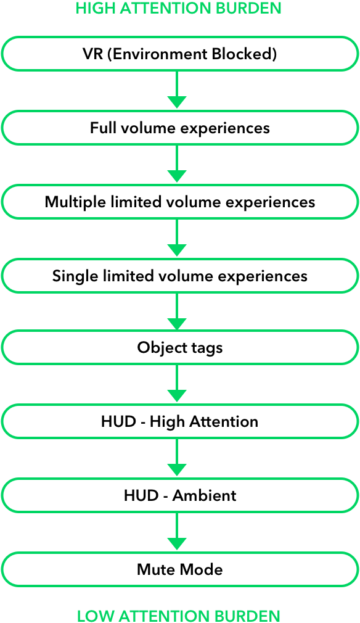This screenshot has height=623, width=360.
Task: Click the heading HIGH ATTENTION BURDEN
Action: point(178,8)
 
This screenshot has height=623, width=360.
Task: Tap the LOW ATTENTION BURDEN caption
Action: point(178,616)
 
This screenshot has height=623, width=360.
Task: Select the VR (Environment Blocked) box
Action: point(180,54)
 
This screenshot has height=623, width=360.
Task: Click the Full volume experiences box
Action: point(180,128)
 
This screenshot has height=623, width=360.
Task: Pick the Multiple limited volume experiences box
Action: point(180,202)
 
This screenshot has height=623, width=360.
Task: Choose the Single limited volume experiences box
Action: point(180,276)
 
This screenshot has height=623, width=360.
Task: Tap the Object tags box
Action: point(180,347)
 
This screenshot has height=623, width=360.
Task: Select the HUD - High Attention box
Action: point(180,421)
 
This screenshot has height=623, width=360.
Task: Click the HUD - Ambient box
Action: point(180,495)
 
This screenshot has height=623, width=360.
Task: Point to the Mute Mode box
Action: point(180,569)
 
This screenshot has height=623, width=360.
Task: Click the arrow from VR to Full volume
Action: point(177,90)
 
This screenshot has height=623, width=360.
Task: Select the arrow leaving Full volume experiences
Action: point(177,163)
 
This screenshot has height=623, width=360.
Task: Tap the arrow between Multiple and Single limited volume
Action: point(177,237)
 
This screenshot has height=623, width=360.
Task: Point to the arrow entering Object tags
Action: point(177,311)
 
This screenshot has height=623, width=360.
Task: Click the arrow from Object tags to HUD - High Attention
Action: point(177,384)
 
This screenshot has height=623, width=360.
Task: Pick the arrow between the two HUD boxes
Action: point(177,457)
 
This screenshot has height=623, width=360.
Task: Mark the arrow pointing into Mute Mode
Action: point(177,531)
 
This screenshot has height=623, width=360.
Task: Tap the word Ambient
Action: point(205,495)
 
